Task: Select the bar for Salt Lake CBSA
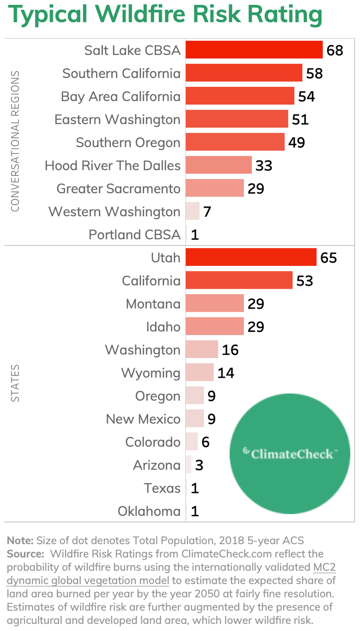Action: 254,50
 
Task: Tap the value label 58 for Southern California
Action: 315,73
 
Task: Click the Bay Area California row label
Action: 121,97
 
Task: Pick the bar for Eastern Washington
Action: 237,120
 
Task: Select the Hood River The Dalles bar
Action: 219,166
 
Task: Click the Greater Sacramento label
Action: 118,188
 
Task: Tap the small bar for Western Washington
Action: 193,211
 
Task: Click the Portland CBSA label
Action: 135,235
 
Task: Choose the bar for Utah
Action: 251,258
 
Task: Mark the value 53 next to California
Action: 305,281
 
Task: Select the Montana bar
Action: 215,304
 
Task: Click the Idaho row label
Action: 163,327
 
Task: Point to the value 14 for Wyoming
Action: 226,373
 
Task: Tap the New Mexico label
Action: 143,419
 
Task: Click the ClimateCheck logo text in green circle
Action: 290,454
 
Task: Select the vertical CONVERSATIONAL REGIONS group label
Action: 15,141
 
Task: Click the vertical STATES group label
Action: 15,383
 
